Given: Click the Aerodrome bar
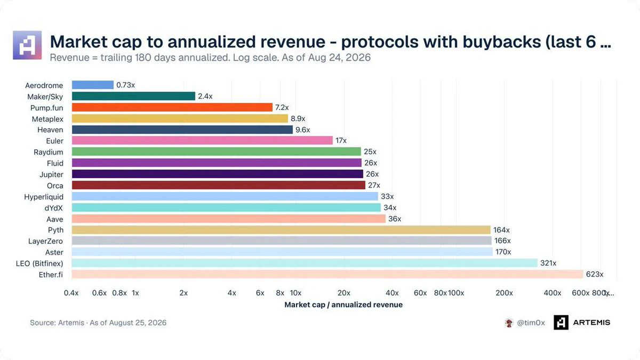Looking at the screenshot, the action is pos(93,85).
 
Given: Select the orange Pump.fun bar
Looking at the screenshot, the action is pos(172,107).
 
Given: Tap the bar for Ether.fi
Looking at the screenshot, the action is pos(327,274).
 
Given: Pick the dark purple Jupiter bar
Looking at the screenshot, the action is pos(218,174).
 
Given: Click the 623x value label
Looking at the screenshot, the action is pos(595,274).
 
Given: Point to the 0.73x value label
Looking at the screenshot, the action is pos(125,85).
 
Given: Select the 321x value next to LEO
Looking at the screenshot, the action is pos(548,263).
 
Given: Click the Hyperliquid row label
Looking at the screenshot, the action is pos(44,197).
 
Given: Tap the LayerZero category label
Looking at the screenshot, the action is pos(45,241).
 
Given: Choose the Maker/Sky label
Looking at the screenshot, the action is pos(45,97).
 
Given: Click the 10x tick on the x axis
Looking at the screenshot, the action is pos(295,293).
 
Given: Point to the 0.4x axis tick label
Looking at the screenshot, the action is pos(71,293).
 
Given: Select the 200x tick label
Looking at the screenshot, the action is pos(505,293).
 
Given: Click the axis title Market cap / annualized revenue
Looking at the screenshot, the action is pos(343,305).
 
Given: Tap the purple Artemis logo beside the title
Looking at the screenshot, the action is pos(27,45).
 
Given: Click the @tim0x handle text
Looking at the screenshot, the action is pos(531,323).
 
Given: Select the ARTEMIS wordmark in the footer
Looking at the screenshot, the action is pos(591,323).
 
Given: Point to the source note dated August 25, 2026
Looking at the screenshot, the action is pos(98,323).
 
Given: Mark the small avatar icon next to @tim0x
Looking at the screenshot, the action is pos(509,323).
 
